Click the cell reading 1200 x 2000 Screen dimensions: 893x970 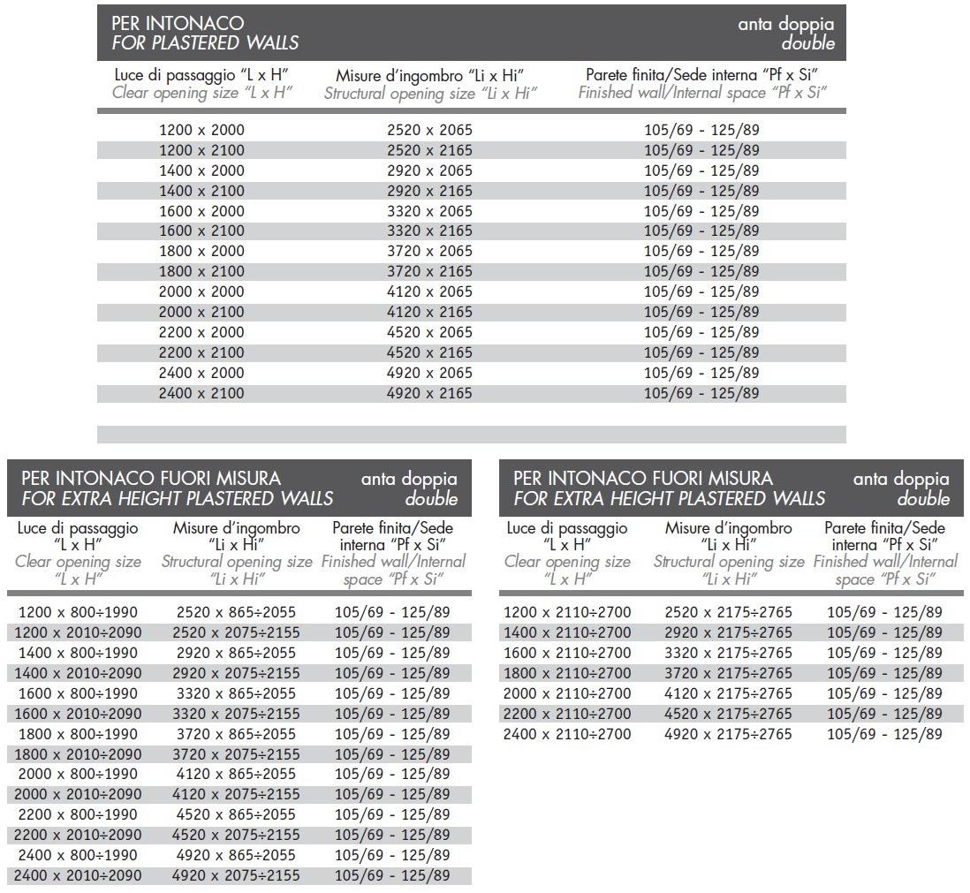point(201,130)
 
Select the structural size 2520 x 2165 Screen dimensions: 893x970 point(429,150)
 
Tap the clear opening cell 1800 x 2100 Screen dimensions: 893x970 point(201,271)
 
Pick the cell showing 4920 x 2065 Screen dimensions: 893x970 point(429,373)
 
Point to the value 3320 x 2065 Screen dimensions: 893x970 point(429,211)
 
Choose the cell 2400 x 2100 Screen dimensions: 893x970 point(201,393)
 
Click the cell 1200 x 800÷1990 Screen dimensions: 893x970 point(78,612)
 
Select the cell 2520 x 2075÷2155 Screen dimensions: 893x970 point(237,632)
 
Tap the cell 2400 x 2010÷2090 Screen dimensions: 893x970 point(78,875)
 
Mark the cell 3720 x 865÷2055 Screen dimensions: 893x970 point(237,734)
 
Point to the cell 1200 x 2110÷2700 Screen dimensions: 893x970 point(567,612)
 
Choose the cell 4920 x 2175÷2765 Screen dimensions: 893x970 point(729,734)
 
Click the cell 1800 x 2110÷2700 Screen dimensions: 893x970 point(567,673)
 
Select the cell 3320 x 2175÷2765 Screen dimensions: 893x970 point(729,653)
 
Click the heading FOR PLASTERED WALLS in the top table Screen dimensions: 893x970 point(205,42)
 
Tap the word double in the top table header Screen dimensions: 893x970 point(807,43)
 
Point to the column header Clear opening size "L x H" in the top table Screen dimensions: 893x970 point(202,93)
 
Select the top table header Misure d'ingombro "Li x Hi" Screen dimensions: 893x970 point(430,75)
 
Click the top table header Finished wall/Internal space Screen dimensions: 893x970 point(702,93)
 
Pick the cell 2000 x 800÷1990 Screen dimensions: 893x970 point(78,774)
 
